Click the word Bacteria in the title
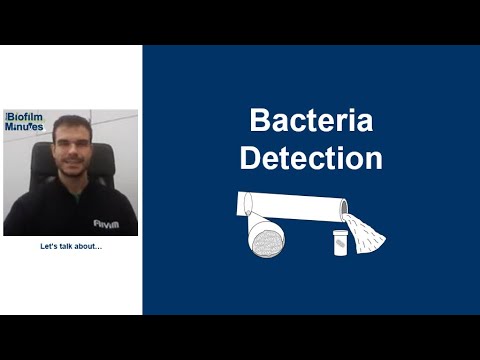311,123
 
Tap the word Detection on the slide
311,157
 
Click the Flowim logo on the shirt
105,224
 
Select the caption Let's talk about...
70,247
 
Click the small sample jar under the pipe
340,242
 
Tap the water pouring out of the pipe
365,232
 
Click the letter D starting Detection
249,157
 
